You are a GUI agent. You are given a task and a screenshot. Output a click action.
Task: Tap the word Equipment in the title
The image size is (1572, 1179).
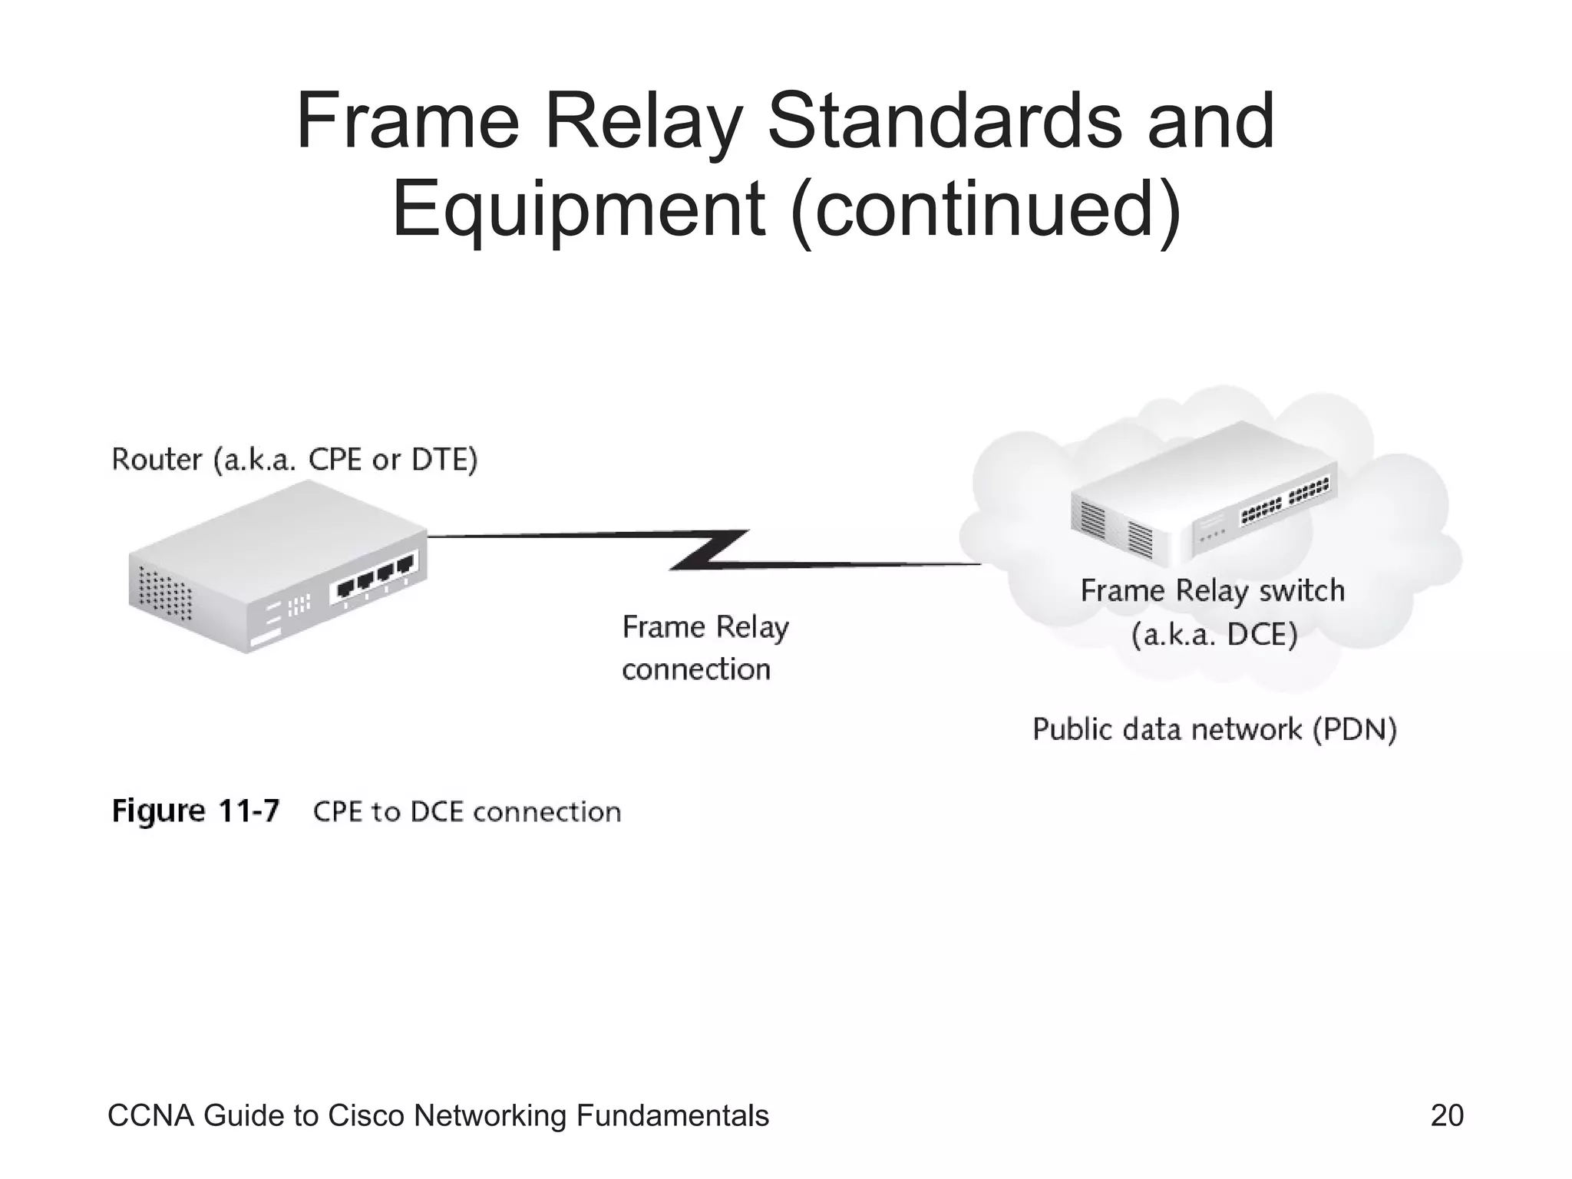(x=577, y=209)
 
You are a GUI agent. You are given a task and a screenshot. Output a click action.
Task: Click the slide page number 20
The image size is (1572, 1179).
(x=1447, y=1115)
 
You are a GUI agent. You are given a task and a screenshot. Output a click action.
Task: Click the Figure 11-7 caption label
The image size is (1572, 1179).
(x=196, y=811)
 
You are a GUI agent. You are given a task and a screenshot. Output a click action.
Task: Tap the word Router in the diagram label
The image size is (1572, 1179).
(x=157, y=460)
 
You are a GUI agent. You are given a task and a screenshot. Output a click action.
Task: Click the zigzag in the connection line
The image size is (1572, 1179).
(x=708, y=550)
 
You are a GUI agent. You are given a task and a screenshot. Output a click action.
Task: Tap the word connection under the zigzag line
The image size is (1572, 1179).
(x=696, y=669)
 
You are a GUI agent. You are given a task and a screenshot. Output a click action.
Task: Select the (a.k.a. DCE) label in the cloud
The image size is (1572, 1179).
(x=1214, y=635)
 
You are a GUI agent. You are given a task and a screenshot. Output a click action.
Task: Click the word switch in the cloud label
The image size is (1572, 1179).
(x=1302, y=590)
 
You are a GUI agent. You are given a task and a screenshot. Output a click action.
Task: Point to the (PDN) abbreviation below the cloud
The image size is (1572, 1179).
(x=1355, y=729)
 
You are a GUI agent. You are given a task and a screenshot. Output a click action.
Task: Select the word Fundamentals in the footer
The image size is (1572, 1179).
(x=672, y=1115)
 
